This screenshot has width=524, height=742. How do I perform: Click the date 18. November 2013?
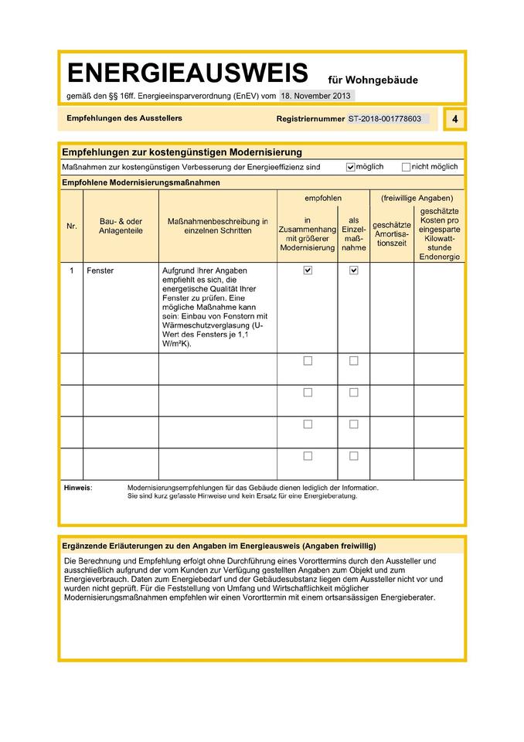coord(315,96)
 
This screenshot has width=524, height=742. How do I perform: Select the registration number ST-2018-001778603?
coord(385,119)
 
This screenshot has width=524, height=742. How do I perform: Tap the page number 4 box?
coord(455,119)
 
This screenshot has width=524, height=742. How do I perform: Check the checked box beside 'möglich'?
coord(351,167)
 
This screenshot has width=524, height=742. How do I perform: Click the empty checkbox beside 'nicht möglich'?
coord(406,167)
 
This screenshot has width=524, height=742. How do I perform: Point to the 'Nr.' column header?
coord(71,226)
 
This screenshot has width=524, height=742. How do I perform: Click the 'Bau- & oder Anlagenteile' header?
coord(121,226)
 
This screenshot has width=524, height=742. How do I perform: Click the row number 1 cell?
coord(71,271)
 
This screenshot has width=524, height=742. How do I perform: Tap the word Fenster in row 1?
coord(100,271)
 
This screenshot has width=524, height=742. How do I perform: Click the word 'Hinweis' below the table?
coord(77,488)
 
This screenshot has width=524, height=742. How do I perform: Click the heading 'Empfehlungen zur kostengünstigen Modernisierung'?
coord(182,152)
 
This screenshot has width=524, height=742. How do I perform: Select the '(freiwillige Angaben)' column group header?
coord(417,199)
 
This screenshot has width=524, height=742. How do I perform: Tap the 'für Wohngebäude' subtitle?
coord(373,79)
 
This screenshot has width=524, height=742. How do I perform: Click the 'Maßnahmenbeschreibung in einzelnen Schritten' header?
coord(218,226)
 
